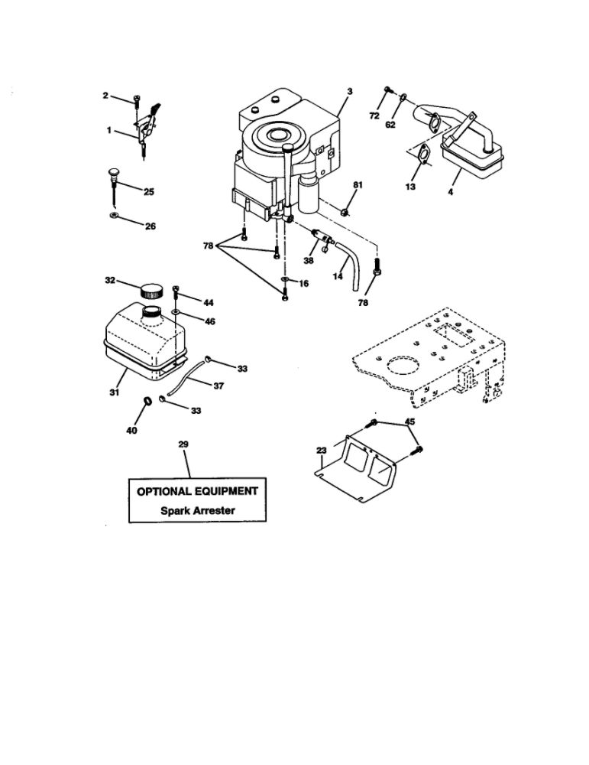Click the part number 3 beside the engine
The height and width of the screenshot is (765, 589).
350,91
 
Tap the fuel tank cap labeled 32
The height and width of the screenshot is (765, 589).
151,291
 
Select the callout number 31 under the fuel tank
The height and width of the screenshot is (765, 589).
114,392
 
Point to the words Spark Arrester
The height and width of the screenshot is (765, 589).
198,511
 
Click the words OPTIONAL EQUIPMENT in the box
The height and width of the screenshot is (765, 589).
197,491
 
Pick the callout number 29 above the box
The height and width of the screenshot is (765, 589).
183,444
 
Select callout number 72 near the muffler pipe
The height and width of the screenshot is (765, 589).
374,116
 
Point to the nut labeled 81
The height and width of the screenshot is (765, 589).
345,212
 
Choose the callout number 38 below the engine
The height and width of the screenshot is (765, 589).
309,261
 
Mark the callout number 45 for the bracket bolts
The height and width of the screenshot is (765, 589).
410,421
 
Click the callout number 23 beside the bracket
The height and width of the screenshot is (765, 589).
321,451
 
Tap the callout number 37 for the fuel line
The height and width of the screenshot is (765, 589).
218,386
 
